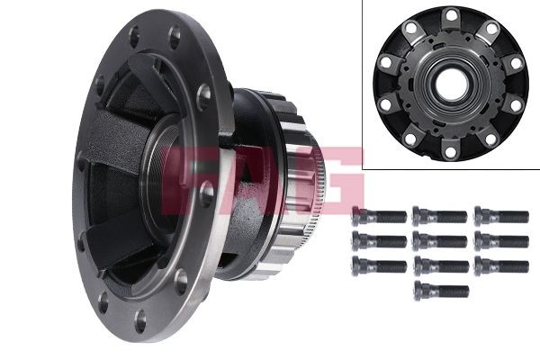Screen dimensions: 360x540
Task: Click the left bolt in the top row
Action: click(x=379, y=216)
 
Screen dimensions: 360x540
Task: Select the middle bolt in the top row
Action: click(x=439, y=216)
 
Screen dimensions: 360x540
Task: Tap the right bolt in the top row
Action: click(x=500, y=216)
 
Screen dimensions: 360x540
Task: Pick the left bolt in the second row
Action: click(x=379, y=241)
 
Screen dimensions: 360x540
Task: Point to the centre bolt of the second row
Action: click(x=439, y=241)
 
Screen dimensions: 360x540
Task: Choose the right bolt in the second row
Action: click(x=500, y=241)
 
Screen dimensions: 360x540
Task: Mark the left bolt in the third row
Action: click(x=379, y=266)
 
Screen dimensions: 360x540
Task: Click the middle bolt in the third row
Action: click(x=439, y=266)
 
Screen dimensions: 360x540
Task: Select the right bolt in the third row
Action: click(x=500, y=266)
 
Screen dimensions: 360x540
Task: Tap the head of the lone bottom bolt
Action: click(x=421, y=291)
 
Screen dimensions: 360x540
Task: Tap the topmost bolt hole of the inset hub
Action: click(x=449, y=15)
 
